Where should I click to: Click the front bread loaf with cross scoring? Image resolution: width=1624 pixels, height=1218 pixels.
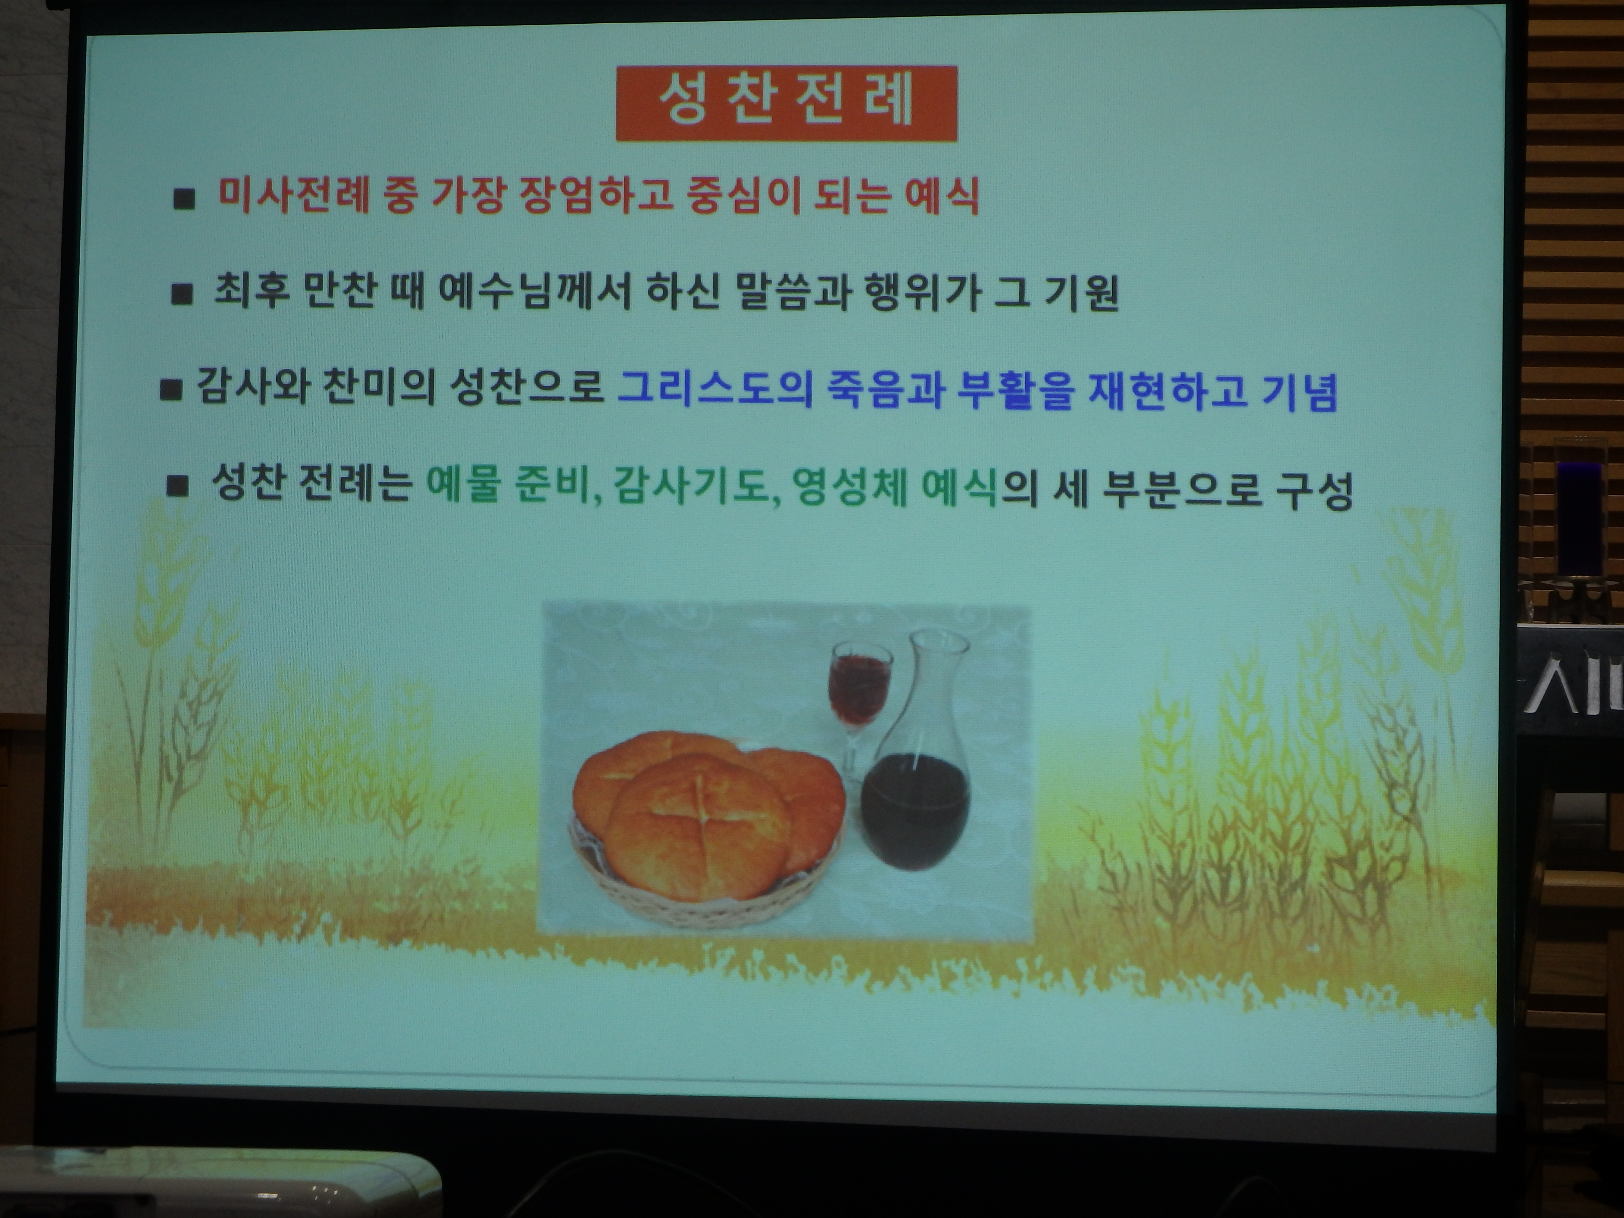(697, 826)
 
